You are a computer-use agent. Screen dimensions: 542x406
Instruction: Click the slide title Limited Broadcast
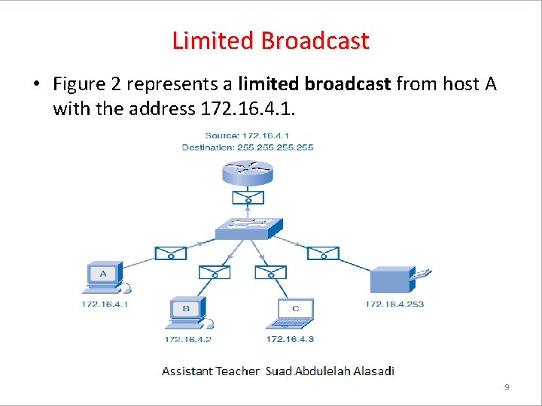pos(270,40)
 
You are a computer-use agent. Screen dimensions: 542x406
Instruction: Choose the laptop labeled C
pos(295,314)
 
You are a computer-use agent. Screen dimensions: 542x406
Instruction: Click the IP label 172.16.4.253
pos(394,304)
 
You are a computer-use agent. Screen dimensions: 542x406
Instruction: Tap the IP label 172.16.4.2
pos(187,339)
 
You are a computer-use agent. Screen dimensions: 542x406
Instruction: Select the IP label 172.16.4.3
pos(290,339)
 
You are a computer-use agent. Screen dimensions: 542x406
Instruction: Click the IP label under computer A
pos(105,304)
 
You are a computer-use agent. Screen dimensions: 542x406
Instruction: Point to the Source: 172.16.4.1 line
pos(248,136)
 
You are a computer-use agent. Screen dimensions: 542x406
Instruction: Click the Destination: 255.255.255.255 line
pos(248,147)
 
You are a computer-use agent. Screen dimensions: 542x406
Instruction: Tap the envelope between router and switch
pos(248,198)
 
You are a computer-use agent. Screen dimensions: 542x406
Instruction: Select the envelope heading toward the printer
pos(323,253)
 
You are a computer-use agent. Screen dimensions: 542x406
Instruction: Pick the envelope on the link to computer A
pos(171,253)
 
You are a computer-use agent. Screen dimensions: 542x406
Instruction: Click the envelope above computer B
pos(214,271)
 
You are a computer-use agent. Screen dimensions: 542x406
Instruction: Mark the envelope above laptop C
pos(270,271)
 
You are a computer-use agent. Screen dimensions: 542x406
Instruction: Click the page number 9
pos(507,387)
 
